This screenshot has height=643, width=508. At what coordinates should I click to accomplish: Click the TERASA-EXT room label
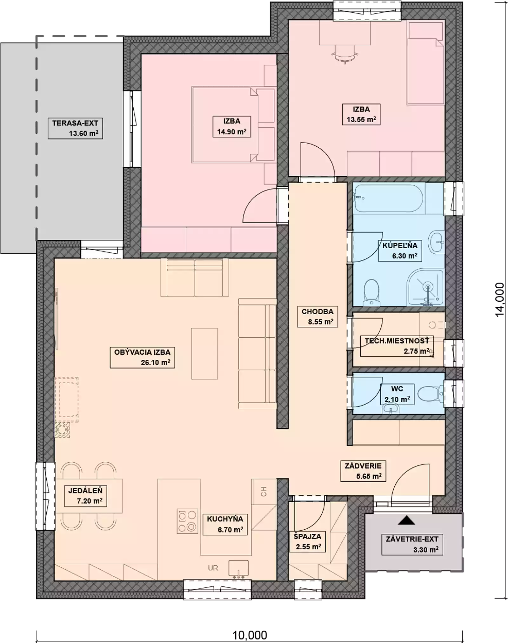[75, 123]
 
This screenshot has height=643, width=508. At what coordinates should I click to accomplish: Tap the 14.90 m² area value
[232, 132]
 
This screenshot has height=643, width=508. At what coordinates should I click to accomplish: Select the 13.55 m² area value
[361, 120]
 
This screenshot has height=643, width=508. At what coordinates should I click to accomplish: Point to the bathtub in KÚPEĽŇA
[389, 198]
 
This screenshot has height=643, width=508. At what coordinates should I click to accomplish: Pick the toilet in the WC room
[431, 394]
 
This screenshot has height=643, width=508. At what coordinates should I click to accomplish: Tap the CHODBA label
[317, 312]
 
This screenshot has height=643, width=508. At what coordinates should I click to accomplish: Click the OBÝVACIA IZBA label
[142, 352]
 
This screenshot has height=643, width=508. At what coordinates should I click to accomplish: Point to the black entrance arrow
[406, 520]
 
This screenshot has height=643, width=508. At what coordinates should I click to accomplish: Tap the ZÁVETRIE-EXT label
[412, 539]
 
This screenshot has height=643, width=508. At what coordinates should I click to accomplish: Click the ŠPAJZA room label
[307, 536]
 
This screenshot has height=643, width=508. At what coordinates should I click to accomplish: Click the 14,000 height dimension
[499, 299]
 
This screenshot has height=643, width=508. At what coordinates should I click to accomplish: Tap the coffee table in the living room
[204, 354]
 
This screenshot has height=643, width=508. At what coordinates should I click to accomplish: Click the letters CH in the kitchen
[264, 492]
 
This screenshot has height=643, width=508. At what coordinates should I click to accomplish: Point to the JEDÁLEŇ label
[85, 491]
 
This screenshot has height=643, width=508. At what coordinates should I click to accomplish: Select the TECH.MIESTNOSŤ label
[397, 341]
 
